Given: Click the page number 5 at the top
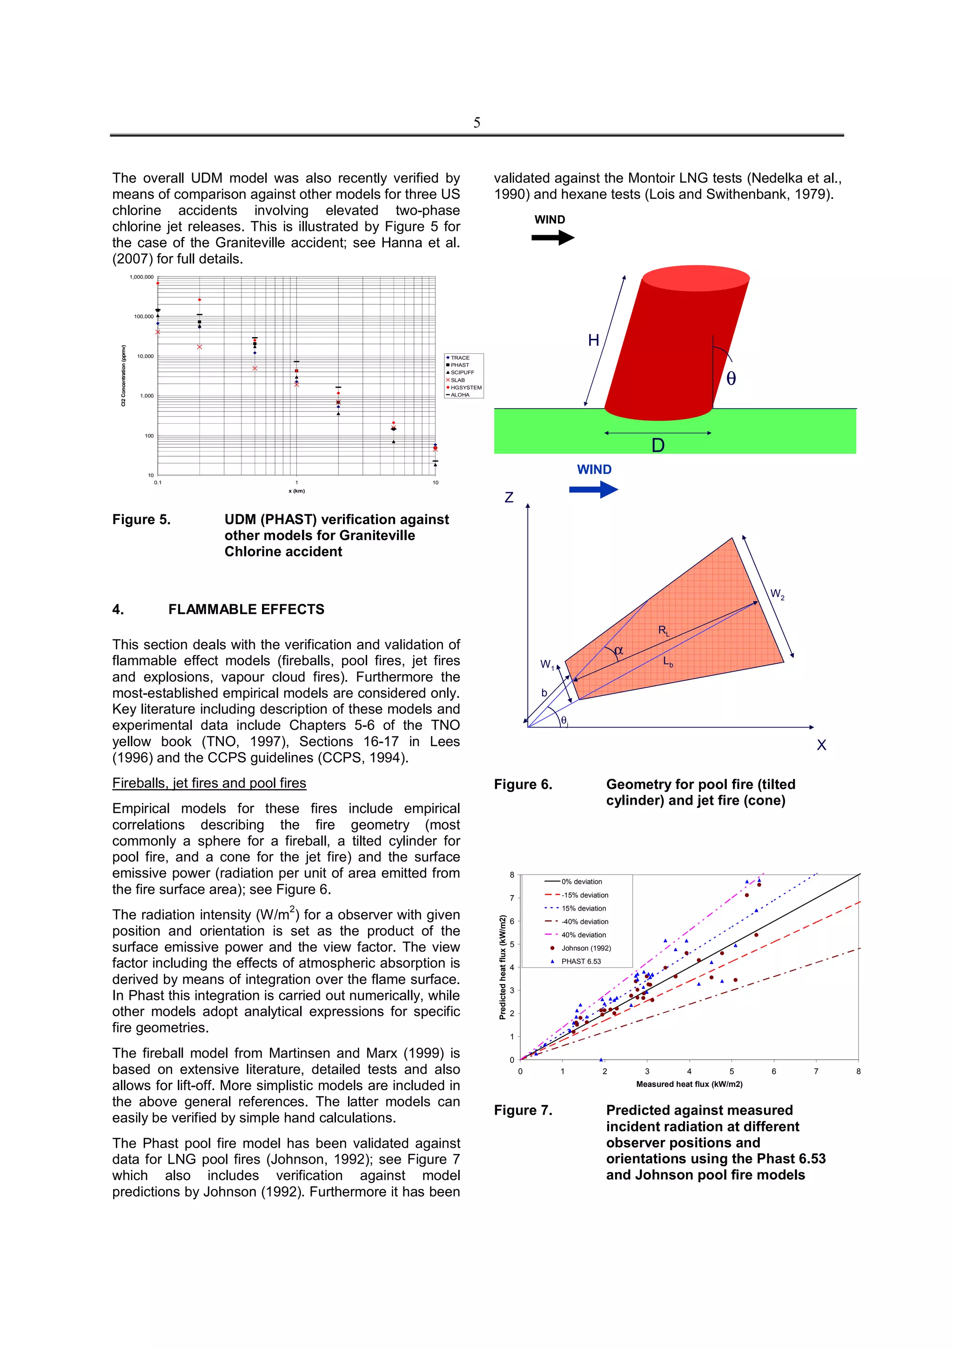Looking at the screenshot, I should point(476,122).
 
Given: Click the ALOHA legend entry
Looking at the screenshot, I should point(460,395).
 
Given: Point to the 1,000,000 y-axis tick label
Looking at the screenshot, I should point(141,277).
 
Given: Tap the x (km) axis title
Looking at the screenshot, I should point(296,491).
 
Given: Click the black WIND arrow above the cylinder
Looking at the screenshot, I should point(552,237).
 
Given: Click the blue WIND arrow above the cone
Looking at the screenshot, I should point(593,489).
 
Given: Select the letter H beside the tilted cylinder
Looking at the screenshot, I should point(594,340).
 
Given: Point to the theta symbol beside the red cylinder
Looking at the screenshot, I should point(731,379).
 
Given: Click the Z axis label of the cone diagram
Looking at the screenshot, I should point(509,498).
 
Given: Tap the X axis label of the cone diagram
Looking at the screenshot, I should point(821,745).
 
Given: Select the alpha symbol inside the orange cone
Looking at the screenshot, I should point(618,650).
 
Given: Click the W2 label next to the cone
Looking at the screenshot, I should point(777,594).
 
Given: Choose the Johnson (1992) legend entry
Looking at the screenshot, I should point(585,948).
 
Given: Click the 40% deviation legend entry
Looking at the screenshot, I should point(583,935).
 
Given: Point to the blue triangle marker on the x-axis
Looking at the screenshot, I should point(601,1059).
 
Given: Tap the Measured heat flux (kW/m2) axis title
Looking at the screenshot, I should point(689,1084).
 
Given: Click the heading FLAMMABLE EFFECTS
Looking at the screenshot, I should point(246,609).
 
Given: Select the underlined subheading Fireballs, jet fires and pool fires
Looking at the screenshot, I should point(209,783).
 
